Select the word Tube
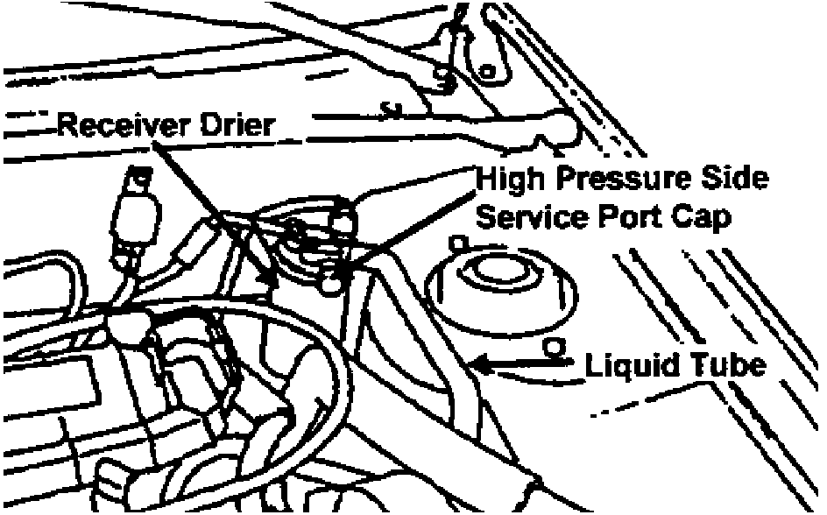pos(722,363)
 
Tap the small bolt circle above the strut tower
pos(456,242)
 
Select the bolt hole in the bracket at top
pos(489,68)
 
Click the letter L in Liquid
pos(593,363)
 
